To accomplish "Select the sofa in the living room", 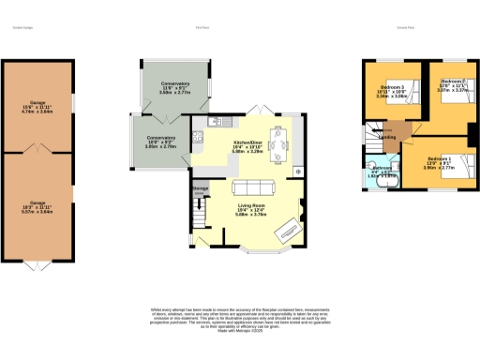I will tap(253, 186).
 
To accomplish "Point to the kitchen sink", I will tap(197, 140).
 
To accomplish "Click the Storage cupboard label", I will tap(200, 188).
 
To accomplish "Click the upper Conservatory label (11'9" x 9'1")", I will tap(174, 86).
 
